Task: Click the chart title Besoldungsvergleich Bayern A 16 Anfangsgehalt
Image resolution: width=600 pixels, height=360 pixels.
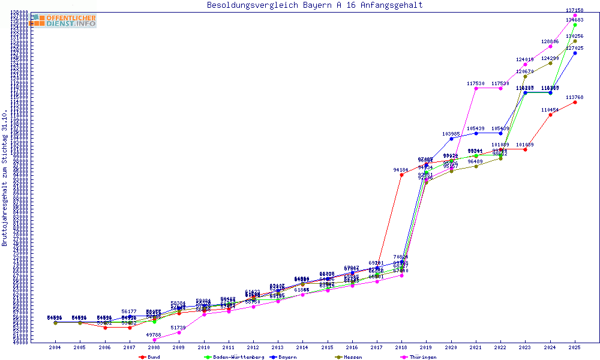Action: (x=314, y=5)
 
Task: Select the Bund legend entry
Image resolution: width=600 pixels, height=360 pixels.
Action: (x=150, y=357)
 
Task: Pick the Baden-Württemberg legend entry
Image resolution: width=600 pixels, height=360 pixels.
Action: (x=234, y=357)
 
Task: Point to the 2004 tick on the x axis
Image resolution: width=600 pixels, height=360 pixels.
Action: (x=55, y=347)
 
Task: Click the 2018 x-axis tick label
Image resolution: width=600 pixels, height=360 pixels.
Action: (x=401, y=347)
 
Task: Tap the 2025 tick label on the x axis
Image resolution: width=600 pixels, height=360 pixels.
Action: (x=575, y=347)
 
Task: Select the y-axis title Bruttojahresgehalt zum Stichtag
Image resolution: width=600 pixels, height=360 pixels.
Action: (x=5, y=178)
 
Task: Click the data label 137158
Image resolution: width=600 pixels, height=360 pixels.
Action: (x=575, y=10)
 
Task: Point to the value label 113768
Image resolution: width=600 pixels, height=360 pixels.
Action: (x=575, y=97)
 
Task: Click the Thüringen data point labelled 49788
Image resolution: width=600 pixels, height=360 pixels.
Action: (x=155, y=340)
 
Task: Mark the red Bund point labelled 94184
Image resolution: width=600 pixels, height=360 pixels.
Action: (x=401, y=175)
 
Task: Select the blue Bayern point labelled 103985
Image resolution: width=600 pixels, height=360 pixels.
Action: (x=451, y=139)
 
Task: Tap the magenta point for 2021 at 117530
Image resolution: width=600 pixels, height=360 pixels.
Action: (x=476, y=88)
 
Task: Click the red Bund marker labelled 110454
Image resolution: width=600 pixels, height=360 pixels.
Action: (x=550, y=115)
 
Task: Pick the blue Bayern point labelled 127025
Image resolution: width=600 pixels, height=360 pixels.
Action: (x=575, y=53)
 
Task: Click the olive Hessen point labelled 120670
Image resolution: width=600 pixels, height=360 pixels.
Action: (x=525, y=76)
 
